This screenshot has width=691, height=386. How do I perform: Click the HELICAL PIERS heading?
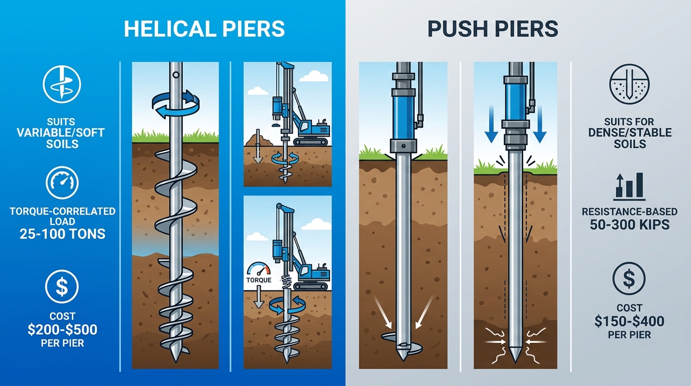point(204,29)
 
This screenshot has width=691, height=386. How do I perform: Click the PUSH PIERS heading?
point(493,29)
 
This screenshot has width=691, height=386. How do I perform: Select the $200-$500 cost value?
point(63,330)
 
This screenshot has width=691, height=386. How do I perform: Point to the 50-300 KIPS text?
point(629,224)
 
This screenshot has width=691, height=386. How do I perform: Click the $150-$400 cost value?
point(629,321)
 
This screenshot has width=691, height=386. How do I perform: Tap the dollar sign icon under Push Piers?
point(629,278)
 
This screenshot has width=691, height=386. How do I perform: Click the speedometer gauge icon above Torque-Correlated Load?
point(62,184)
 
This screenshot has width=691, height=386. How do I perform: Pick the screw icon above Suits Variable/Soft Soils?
point(62,84)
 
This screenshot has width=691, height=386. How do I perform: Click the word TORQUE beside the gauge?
point(259,280)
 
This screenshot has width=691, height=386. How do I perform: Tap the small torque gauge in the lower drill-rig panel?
point(259,269)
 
